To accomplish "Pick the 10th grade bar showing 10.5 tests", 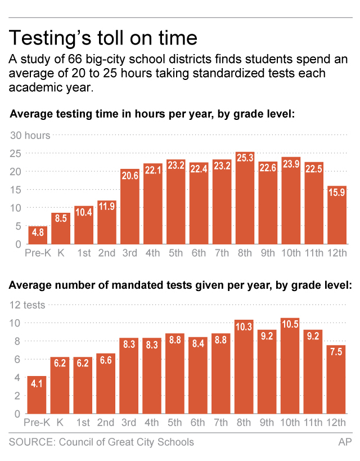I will tap(291, 366).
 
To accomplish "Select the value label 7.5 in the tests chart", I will tap(337, 352).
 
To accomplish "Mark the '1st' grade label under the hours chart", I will tap(83, 253).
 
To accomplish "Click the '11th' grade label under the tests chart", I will tap(314, 423).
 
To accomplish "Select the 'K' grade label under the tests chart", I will tap(60, 423).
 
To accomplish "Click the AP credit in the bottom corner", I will tap(344, 442).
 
